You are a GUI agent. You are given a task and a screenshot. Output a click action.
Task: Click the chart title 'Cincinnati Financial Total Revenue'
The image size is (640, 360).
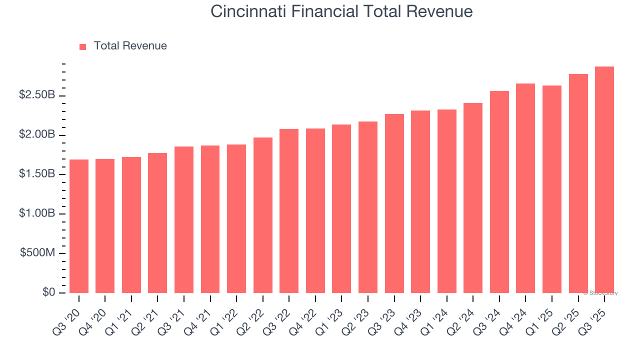coord(341,11)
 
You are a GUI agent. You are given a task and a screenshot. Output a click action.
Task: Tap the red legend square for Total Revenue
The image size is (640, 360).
coord(83,46)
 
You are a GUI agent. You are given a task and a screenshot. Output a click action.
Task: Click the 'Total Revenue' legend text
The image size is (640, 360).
coord(130,46)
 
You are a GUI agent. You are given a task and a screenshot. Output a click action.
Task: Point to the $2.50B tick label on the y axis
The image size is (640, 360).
coord(37,95)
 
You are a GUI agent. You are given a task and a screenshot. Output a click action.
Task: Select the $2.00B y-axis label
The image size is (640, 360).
coord(37,134)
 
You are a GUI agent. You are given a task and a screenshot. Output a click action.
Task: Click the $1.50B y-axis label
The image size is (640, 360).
coord(37,174)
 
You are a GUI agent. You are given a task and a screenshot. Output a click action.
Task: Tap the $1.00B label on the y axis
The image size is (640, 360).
coord(37,213)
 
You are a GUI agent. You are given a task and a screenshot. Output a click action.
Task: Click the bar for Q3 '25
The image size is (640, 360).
coord(604,180)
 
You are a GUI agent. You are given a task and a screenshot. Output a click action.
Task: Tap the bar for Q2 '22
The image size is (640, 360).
coord(263,215)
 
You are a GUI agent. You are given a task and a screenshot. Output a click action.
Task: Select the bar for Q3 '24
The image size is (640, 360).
coord(499,192)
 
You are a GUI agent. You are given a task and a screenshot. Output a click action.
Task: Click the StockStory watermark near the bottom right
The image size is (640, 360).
coord(600,293)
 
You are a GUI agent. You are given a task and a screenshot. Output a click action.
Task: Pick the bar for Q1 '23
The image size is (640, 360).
coord(341,208)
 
